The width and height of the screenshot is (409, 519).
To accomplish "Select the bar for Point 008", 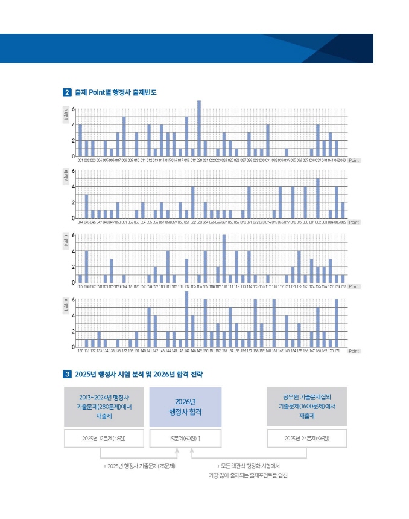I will pyautogui.click(x=124, y=137).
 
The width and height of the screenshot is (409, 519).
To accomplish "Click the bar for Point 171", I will pyautogui.click(x=337, y=323).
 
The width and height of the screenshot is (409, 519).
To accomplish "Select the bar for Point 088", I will pyautogui.click(x=86, y=266).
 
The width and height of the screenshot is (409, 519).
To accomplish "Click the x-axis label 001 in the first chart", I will pyautogui.click(x=80, y=161).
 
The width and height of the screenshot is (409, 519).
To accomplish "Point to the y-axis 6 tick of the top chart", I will pyautogui.click(x=73, y=109).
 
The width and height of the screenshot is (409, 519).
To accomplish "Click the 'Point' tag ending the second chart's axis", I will pyautogui.click(x=354, y=222).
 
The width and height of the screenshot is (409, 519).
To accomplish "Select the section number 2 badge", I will pyautogui.click(x=67, y=92).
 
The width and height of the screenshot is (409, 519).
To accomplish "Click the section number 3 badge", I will pyautogui.click(x=67, y=375).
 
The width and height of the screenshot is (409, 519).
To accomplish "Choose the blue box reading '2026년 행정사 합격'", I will pyautogui.click(x=185, y=407).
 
